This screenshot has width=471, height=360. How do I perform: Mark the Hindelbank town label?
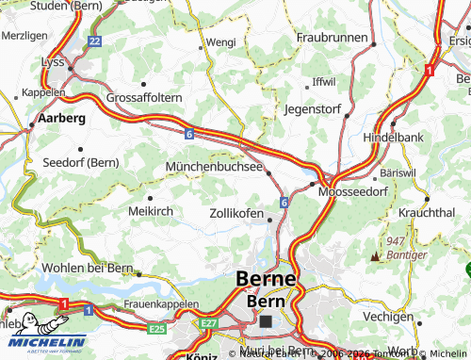395,137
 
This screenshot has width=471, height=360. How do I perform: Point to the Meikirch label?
150,211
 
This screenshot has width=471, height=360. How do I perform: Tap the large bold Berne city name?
267,280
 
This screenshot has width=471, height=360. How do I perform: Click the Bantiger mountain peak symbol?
378,256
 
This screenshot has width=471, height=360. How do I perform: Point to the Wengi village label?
220,42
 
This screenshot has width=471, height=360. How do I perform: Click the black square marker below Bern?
267,321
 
